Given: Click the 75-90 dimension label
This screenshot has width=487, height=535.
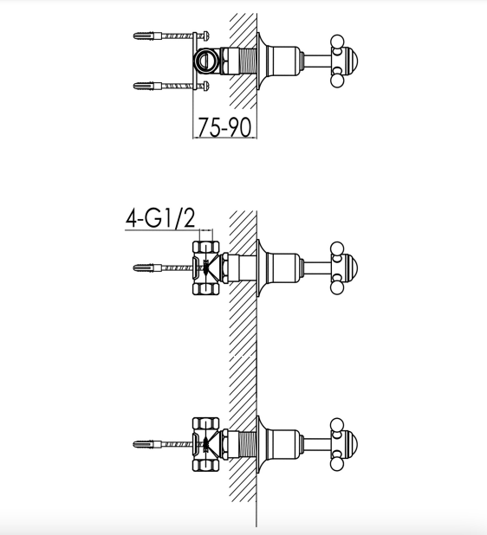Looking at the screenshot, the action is [224, 127].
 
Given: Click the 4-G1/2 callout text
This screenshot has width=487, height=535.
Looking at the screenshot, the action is [160, 218].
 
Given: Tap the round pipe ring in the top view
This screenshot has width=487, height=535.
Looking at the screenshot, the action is [205, 61].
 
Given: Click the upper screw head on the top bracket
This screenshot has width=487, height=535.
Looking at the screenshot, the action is [206, 35].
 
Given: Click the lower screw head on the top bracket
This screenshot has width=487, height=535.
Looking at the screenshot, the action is [206, 86].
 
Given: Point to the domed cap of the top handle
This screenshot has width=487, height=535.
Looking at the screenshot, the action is [351, 61].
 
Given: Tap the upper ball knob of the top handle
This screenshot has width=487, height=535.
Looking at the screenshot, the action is [337, 41].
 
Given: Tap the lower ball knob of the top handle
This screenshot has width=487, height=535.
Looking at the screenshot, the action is [337, 81].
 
